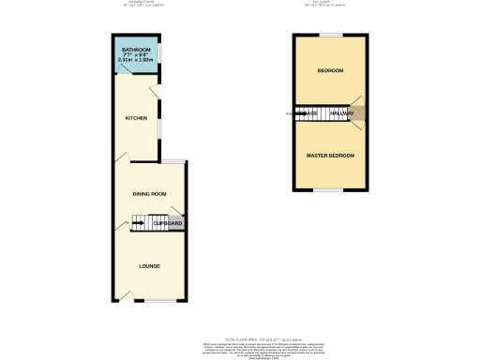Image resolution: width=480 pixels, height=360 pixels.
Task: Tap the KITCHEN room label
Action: coord(138,118)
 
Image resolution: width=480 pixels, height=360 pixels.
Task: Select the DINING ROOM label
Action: coord(149,193)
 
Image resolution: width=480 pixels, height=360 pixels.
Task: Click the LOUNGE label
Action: coord(149,266)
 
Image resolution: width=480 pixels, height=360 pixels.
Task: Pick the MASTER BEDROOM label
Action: coord(330,155)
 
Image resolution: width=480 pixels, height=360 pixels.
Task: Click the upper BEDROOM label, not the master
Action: coord(330,71)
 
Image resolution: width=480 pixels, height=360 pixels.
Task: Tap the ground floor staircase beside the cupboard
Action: coord(141,222)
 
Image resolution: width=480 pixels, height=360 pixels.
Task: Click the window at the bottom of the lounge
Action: coord(149,302)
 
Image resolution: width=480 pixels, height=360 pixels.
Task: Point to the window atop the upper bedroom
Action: coord(330,36)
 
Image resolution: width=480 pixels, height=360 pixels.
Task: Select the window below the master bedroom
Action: coord(330,190)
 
